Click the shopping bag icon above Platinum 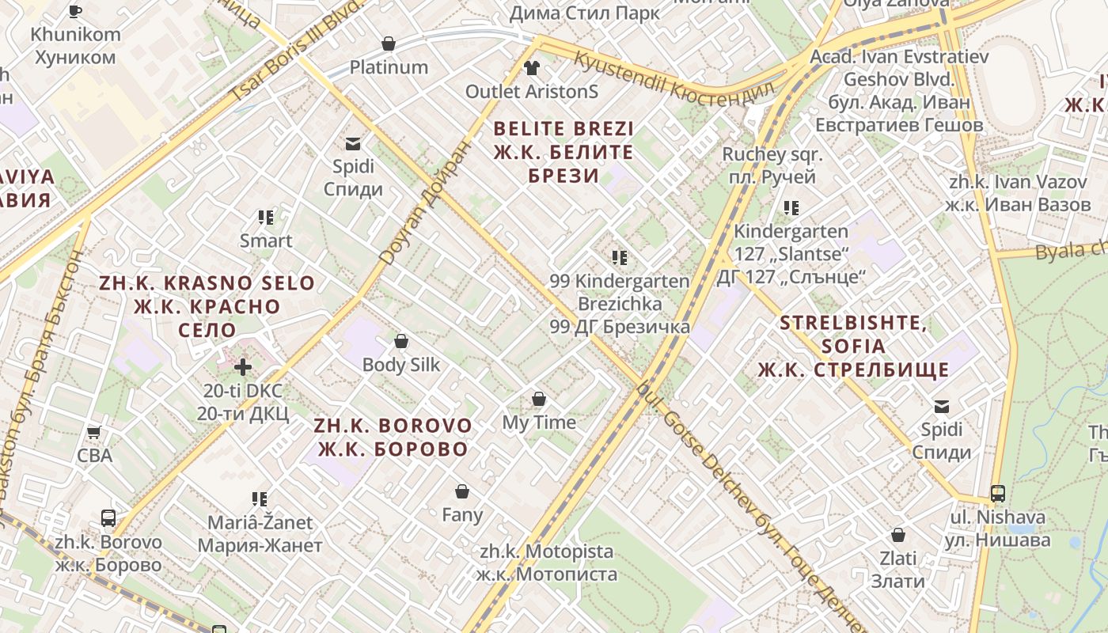point(389,43)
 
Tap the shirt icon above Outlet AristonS point(531,67)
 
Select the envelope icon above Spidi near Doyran point(352,143)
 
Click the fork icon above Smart point(266,217)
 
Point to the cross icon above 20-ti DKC point(243,366)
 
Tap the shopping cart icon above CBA point(94,432)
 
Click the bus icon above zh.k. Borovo point(108,519)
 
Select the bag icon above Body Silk point(401,341)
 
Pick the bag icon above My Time point(539,399)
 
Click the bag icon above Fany point(462,491)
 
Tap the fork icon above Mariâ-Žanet point(260,498)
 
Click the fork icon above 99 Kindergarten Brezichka point(620,257)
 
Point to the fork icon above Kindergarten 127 point(791,207)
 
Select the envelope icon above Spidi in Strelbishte point(942,406)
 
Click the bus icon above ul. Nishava point(998,494)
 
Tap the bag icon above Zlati point(898,535)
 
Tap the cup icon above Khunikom point(75,11)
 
